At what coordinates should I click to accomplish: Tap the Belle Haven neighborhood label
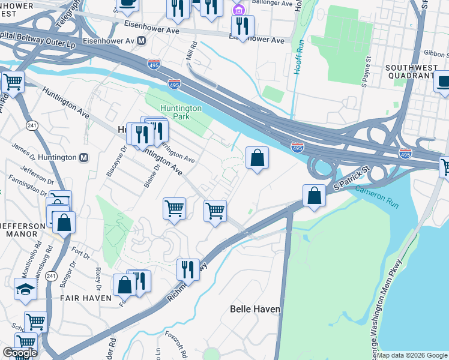pyautogui.click(x=255, y=309)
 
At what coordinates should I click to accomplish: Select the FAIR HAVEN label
pyautogui.click(x=85, y=298)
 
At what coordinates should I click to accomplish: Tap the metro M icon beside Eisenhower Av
pyautogui.click(x=142, y=41)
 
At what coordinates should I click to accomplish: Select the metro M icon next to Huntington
pyautogui.click(x=84, y=157)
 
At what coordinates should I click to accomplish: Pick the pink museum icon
pyautogui.click(x=239, y=10)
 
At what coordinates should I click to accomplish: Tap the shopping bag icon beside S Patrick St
pyautogui.click(x=314, y=195)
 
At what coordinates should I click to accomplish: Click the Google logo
pyautogui.click(x=19, y=353)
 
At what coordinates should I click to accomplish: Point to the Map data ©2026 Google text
pyautogui.click(x=412, y=355)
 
